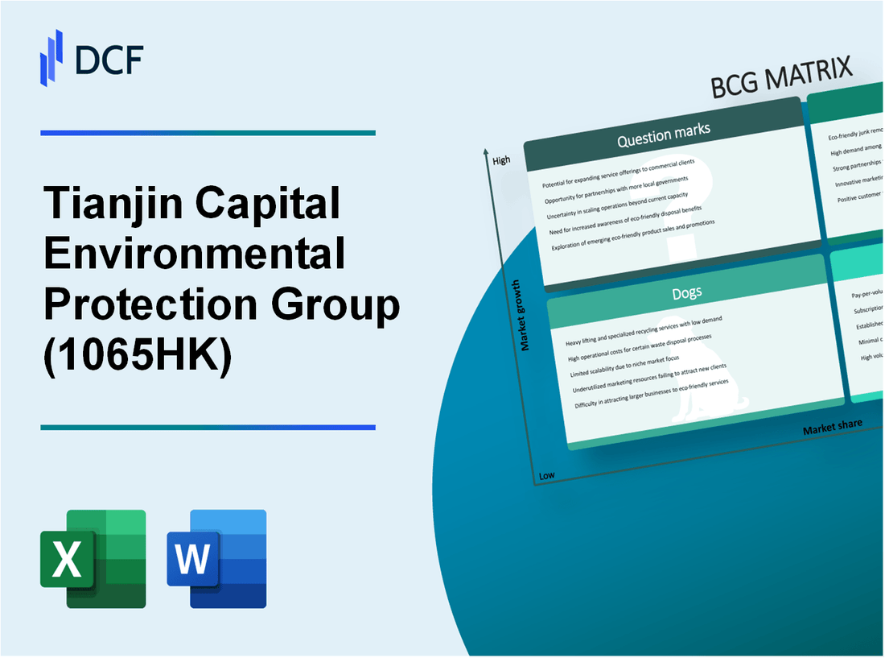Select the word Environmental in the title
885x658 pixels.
pos(195,255)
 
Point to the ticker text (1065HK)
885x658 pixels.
pos(138,358)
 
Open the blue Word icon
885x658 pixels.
pos(217,558)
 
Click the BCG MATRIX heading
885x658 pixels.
pos(781,78)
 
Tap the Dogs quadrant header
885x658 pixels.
pos(686,292)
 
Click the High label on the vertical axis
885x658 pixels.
pos(501,160)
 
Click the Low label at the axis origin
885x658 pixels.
pos(546,475)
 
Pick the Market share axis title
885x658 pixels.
pos(832,426)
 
